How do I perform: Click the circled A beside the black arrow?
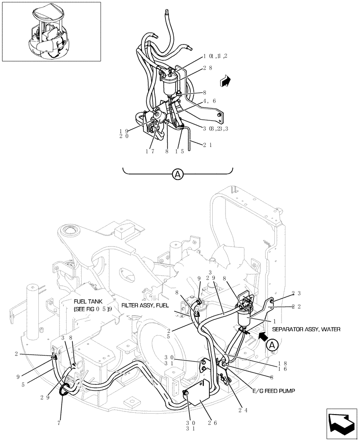click(x=272, y=345)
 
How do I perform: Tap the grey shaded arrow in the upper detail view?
click(x=225, y=81)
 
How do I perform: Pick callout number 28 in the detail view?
click(x=208, y=68)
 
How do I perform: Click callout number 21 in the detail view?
click(x=208, y=144)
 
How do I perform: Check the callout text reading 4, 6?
click(x=209, y=101)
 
